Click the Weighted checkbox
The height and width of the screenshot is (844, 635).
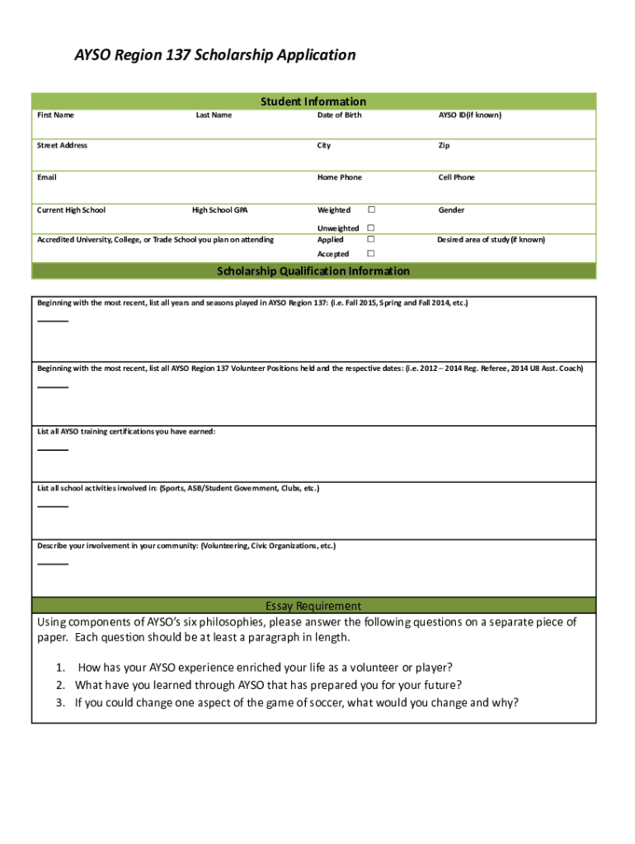click(371, 210)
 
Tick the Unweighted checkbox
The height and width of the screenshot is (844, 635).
click(371, 227)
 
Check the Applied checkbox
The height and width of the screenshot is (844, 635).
click(371, 239)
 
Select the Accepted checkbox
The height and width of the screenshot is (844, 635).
click(371, 254)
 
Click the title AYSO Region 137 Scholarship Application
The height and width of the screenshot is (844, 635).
click(215, 55)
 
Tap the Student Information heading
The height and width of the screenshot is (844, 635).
click(313, 101)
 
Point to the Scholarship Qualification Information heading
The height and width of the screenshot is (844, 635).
click(313, 271)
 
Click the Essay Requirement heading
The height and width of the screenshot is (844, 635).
click(313, 606)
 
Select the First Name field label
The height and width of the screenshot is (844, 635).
click(55, 115)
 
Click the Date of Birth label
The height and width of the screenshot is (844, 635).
click(339, 115)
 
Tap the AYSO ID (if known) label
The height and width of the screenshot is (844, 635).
click(469, 115)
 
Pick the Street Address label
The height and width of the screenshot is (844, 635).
click(62, 146)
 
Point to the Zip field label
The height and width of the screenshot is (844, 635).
click(444, 146)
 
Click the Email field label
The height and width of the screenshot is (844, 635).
click(47, 177)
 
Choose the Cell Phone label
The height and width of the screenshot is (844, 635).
click(456, 177)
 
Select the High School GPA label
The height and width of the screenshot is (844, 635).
click(219, 210)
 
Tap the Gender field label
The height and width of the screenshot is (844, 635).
click(451, 210)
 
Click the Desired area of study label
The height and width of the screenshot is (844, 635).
click(491, 240)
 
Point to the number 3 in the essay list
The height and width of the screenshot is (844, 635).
click(60, 703)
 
